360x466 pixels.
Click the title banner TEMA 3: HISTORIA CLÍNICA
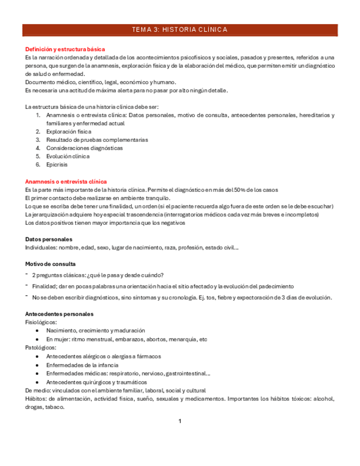(180, 30)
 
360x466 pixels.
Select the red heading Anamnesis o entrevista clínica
(66, 181)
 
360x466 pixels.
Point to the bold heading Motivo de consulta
(51, 264)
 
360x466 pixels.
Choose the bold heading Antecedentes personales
(59, 314)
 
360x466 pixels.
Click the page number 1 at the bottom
(180, 421)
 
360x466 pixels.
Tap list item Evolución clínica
(68, 156)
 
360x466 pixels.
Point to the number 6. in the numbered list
(38, 164)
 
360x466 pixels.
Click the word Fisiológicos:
(41, 322)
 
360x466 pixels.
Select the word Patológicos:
(41, 347)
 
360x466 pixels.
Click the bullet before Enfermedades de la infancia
(37, 365)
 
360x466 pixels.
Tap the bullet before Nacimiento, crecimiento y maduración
(37, 331)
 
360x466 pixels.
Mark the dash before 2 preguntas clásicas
(27, 275)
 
